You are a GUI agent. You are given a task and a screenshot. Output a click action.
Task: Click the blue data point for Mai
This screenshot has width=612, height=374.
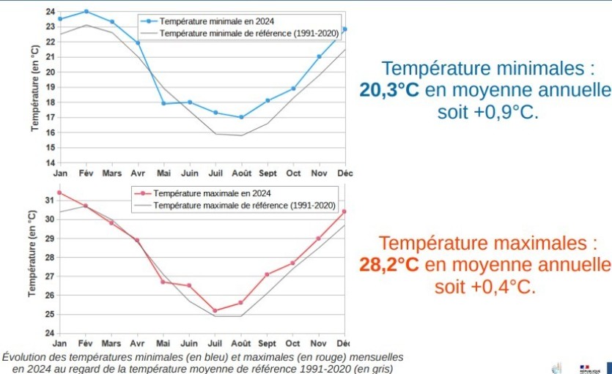pos(163,103)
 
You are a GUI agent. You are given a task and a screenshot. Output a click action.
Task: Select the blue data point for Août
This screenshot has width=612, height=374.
pos(241,117)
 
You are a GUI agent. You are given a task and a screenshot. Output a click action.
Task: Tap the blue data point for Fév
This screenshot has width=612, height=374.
pos(86,12)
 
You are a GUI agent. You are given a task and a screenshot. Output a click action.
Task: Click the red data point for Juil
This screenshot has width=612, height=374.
pos(215,310)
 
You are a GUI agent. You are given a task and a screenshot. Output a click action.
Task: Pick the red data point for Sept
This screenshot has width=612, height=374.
pos(267,274)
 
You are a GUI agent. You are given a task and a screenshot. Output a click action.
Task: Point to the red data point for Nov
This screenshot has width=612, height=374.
pos(318,239)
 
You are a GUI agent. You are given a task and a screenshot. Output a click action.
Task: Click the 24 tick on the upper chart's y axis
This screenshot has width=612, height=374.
pos(50,12)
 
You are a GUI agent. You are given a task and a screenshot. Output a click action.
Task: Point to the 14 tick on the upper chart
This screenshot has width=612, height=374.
pos(50,162)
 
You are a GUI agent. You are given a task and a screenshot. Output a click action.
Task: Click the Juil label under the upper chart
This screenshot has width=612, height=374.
pos(215,173)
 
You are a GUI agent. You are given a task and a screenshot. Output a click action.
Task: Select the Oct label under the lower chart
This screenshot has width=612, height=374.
pos(293,343)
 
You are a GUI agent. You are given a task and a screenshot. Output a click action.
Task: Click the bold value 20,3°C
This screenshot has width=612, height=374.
pos(389,90)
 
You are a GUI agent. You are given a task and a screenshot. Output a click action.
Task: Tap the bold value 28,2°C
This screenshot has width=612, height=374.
pos(389,263)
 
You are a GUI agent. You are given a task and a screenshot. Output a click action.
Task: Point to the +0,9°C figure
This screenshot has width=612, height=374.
pos(510,113)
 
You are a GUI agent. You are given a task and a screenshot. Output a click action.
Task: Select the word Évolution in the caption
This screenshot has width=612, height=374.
pos(24,357)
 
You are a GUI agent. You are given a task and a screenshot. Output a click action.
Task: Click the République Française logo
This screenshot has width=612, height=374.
pos(589,369)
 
